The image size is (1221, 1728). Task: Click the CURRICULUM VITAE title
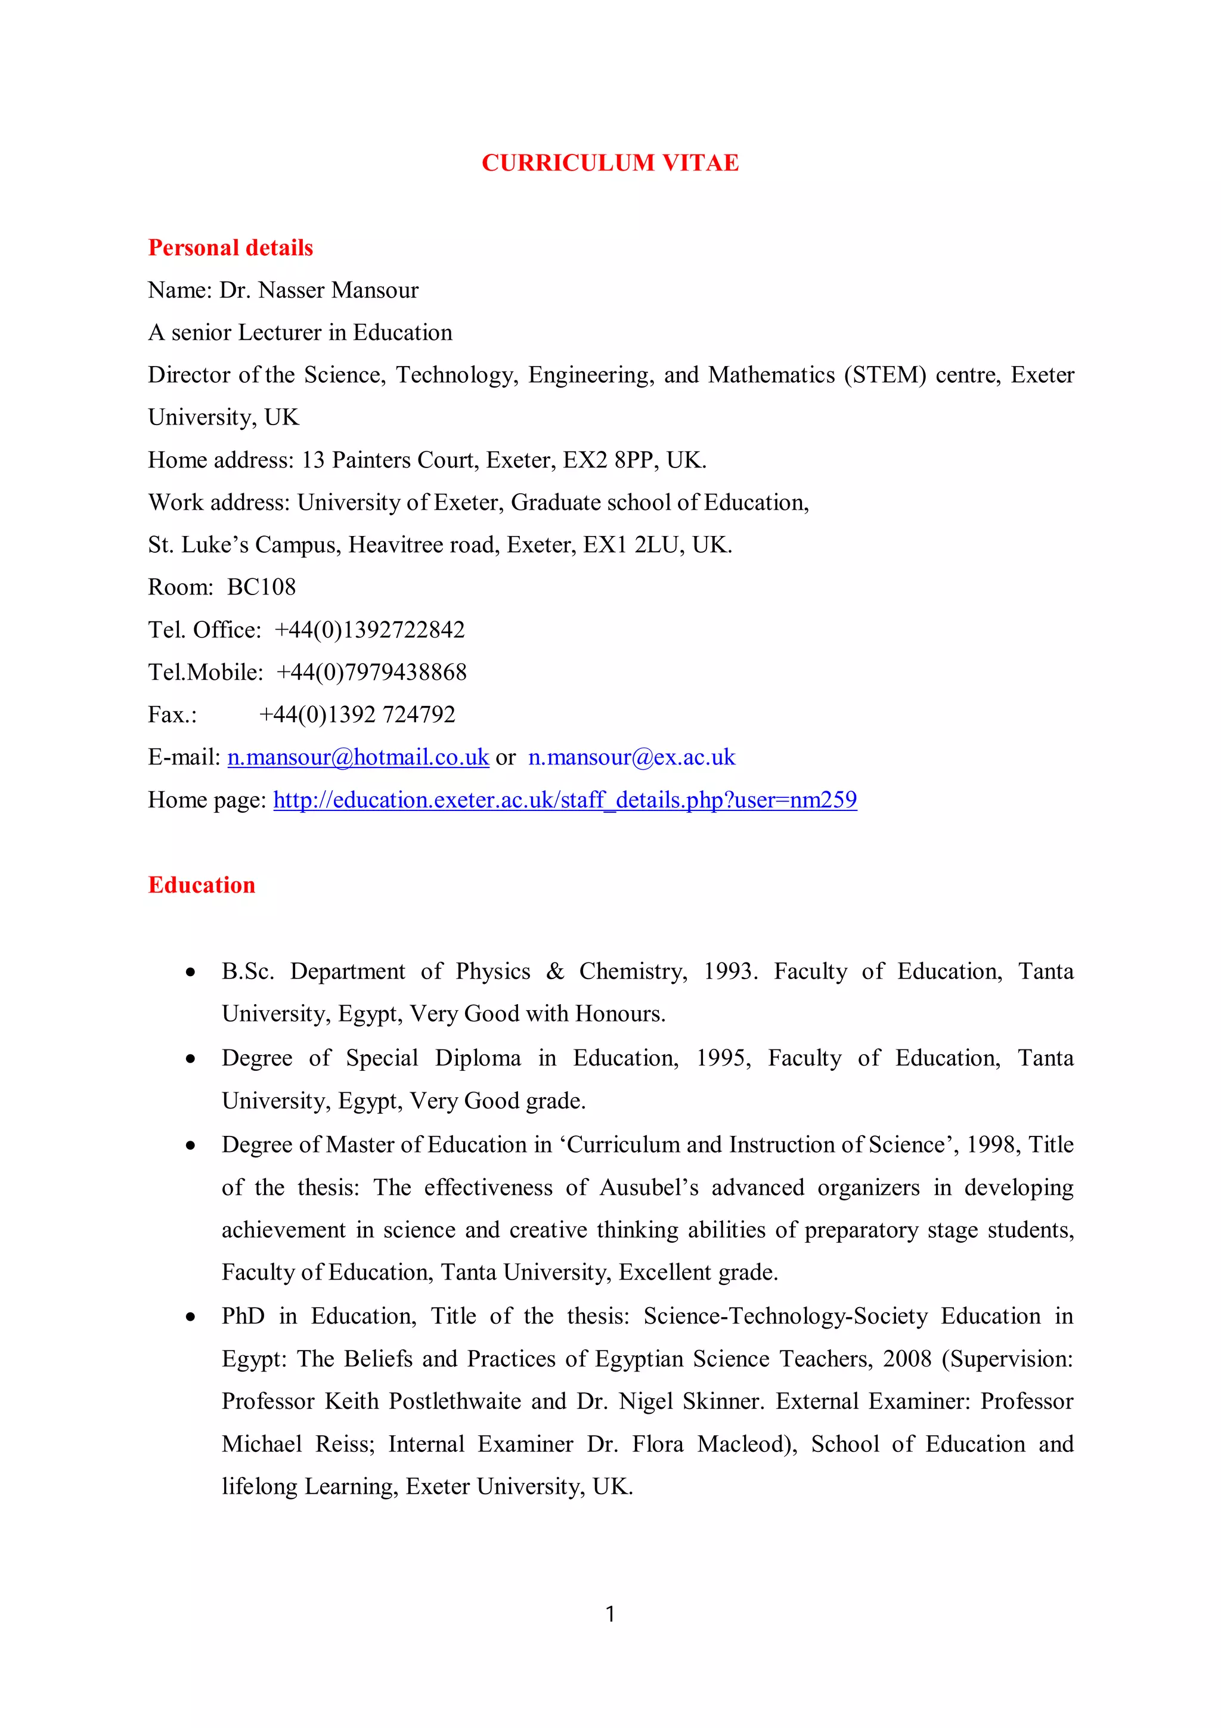point(610,163)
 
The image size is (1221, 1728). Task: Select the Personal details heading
point(230,247)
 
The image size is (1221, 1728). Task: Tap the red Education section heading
point(202,885)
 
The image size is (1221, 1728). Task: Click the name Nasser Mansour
point(338,290)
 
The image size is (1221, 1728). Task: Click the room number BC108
point(261,587)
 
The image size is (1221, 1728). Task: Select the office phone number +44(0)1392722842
point(370,630)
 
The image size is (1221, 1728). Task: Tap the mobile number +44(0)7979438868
point(371,672)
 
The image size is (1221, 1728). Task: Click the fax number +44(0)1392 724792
point(357,714)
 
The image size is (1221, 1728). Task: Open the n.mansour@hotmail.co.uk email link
point(358,757)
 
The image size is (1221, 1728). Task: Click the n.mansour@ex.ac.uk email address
point(631,757)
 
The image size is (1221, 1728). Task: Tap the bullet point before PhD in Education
point(191,1317)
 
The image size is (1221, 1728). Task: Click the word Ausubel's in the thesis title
point(649,1188)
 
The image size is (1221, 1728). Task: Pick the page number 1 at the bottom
point(610,1614)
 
